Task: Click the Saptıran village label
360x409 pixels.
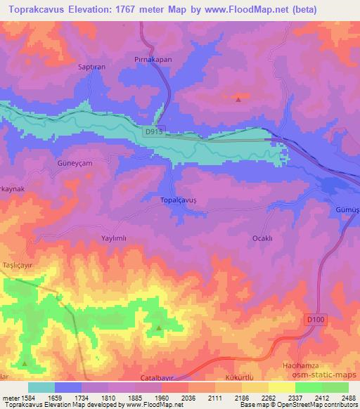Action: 91,67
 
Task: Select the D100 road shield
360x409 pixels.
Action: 316,320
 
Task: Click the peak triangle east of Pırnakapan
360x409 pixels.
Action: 238,99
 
